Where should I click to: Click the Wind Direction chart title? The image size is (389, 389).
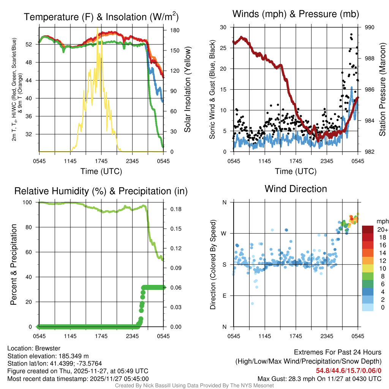coord(296,188)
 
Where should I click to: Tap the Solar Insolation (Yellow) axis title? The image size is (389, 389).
coord(187,89)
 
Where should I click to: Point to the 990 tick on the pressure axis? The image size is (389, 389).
coord(370,27)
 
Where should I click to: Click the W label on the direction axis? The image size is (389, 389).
coord(225,233)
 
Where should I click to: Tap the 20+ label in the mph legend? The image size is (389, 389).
coord(382,230)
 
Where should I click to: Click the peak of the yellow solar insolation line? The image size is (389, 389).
coord(97,28)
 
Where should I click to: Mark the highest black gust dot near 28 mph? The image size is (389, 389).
coord(351,34)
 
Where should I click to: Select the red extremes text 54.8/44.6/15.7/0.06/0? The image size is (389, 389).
coord(348,370)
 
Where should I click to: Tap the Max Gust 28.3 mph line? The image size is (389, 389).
coord(319,378)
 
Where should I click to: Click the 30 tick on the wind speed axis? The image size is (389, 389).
coord(223,27)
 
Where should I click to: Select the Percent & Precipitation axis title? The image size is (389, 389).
coord(13,264)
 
